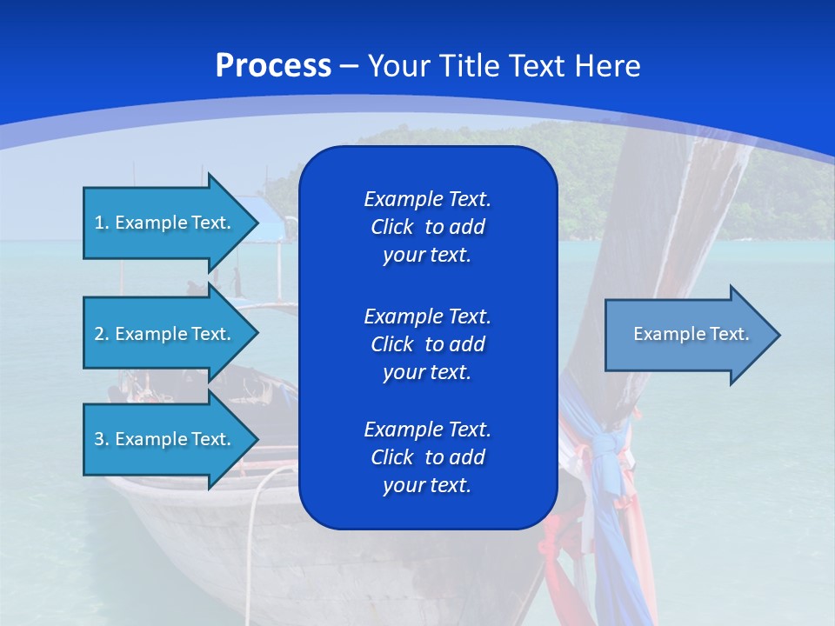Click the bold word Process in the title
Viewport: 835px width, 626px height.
(273, 66)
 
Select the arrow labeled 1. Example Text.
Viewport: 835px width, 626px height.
(163, 223)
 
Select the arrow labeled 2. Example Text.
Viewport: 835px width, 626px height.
(163, 334)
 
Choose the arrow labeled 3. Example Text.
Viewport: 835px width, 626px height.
(163, 439)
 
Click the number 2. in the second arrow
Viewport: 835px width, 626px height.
(102, 334)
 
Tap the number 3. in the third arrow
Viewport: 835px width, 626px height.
(102, 439)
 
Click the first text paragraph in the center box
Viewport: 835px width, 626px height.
(427, 227)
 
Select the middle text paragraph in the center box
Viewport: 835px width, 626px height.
(427, 344)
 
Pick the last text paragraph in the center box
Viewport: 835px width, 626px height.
(427, 457)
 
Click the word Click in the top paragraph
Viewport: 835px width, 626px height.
(391, 227)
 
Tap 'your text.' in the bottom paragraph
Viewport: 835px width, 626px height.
(427, 485)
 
